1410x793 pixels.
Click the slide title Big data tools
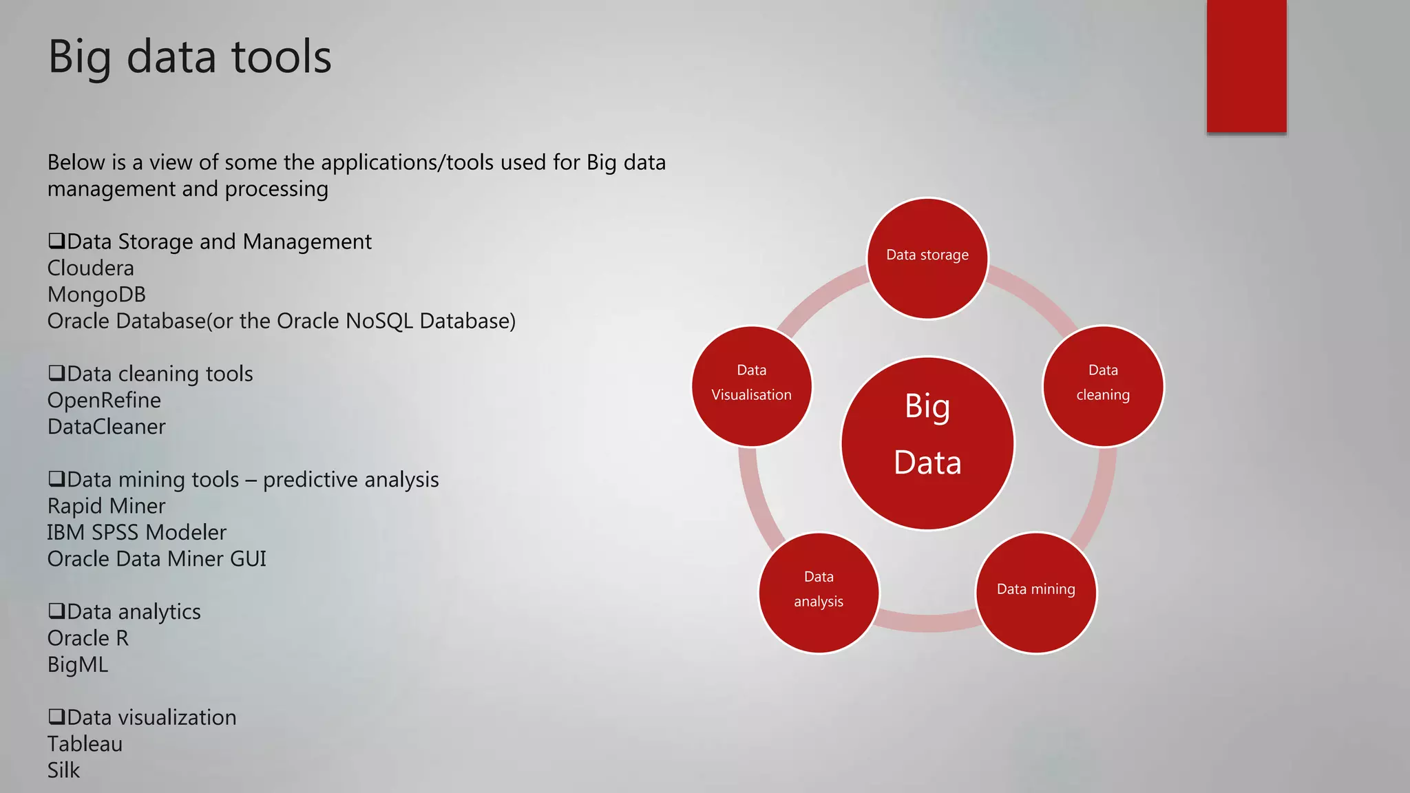(x=189, y=56)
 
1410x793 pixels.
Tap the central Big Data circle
(x=927, y=443)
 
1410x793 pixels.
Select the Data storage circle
(x=927, y=258)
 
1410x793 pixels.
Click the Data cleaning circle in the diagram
(x=1103, y=386)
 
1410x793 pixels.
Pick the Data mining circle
(x=1035, y=592)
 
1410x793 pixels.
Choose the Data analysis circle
(x=819, y=592)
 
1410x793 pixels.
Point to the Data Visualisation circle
(x=751, y=386)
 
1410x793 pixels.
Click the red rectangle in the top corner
(x=1246, y=65)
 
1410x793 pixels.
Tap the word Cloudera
(x=90, y=268)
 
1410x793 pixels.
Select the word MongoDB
(x=96, y=295)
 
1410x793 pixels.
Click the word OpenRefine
(x=104, y=401)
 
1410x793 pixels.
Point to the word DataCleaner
(x=106, y=427)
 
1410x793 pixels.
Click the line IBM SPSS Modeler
(x=136, y=533)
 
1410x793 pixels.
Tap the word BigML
(x=77, y=665)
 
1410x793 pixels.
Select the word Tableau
(x=85, y=744)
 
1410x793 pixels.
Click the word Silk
(x=63, y=770)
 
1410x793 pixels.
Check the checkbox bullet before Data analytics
(x=56, y=611)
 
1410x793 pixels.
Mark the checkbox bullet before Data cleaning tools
(x=56, y=373)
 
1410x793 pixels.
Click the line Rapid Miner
(x=106, y=507)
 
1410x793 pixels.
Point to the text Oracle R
(x=87, y=639)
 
